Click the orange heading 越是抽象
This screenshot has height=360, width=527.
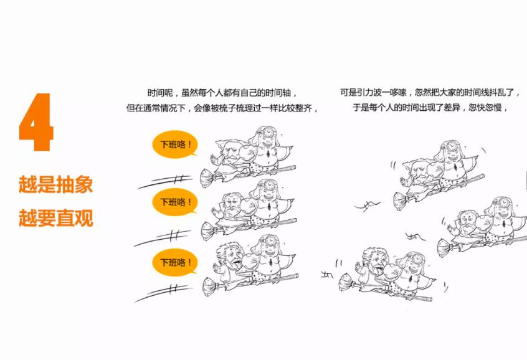point(55,185)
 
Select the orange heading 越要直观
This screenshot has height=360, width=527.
point(55,219)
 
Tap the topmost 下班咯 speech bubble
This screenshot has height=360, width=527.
point(175,145)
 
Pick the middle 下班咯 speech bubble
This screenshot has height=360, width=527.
point(175,202)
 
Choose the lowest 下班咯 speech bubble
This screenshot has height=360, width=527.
point(175,262)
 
